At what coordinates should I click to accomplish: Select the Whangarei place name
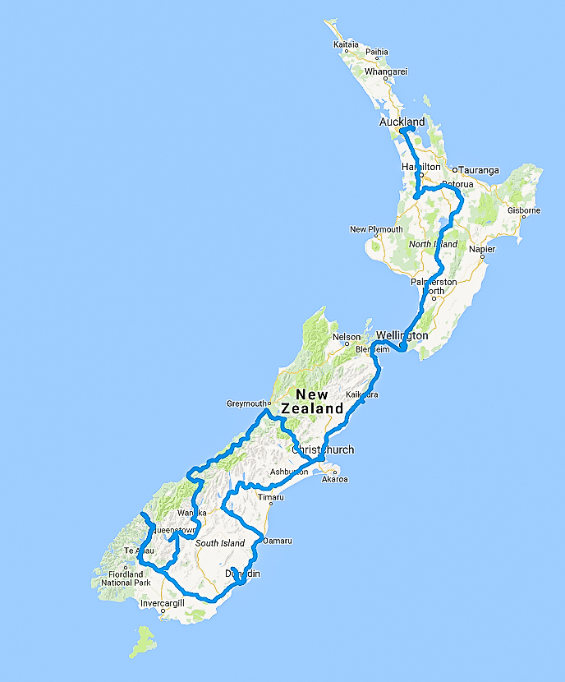coord(385,72)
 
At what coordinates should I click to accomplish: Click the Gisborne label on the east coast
coord(523,210)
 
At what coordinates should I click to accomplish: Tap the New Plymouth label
coord(376,229)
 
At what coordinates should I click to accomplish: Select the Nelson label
coord(347,337)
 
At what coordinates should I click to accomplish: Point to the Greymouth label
coord(247,403)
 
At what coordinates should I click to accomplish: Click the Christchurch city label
coord(323,449)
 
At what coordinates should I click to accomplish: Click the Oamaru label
coord(278,541)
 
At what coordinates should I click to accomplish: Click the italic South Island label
coord(220,544)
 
